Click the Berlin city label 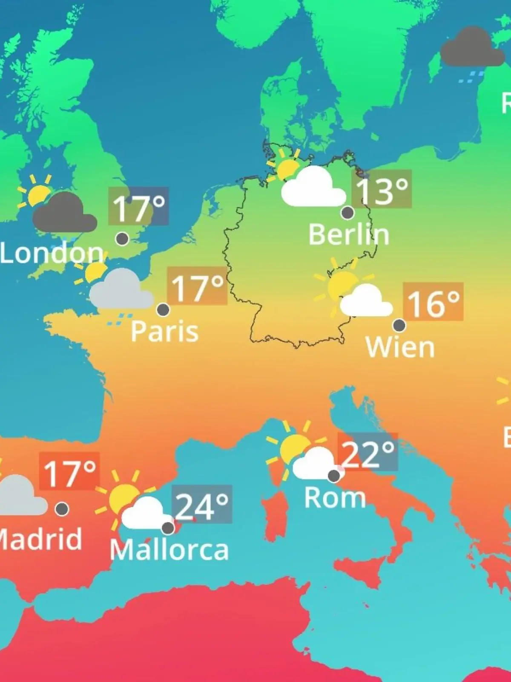click(x=349, y=234)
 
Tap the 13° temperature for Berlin click(x=382, y=190)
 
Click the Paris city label click(x=165, y=331)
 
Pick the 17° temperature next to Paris click(x=197, y=287)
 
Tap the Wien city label click(x=400, y=347)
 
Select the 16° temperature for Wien click(x=433, y=303)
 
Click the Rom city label click(x=335, y=497)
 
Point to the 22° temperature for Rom click(x=368, y=453)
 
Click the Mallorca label click(x=169, y=550)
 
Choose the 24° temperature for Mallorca click(x=202, y=505)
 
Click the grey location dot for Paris click(x=163, y=309)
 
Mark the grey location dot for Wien click(x=399, y=325)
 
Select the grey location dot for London click(x=122, y=239)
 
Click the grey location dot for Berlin click(x=348, y=212)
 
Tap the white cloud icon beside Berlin click(x=313, y=188)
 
